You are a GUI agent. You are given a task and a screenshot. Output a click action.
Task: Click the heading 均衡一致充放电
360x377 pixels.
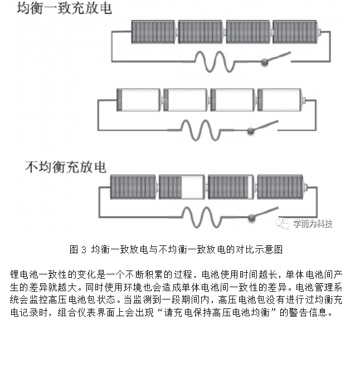point(65,8)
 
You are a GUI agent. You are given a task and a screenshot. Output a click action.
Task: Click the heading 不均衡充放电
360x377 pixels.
point(66,167)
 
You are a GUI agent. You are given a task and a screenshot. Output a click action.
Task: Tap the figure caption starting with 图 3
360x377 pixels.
point(176,249)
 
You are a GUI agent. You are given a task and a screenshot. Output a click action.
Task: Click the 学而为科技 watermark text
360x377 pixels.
point(313,224)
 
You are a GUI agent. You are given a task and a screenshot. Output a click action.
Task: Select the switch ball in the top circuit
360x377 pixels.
point(265,62)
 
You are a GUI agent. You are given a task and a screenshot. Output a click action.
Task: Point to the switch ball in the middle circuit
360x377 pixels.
point(251,130)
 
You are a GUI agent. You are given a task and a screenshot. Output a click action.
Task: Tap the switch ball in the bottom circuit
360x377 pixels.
point(252,217)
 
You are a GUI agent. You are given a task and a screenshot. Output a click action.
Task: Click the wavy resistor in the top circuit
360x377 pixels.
point(215,61)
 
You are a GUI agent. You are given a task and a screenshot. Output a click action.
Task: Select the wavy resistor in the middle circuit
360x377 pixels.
point(201,130)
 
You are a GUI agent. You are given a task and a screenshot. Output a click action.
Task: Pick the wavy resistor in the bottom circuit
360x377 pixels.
point(202,217)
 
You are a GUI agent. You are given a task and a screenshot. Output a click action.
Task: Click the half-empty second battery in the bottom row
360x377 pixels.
point(182,187)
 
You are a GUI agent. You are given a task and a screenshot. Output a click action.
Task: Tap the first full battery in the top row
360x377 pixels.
point(153,32)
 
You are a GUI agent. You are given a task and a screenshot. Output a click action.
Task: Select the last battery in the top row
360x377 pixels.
point(295,32)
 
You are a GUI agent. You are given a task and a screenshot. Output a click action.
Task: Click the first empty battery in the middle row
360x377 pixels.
point(139,100)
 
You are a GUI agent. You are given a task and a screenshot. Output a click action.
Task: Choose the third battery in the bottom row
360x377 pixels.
point(231,187)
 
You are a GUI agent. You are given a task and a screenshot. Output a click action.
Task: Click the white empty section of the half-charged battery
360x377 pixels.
point(193,187)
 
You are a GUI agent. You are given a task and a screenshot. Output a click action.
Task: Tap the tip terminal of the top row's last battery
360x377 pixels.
point(319,32)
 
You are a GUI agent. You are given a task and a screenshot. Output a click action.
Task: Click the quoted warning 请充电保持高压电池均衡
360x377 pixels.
point(217,312)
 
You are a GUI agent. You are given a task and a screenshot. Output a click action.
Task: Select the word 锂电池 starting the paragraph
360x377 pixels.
point(24,274)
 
